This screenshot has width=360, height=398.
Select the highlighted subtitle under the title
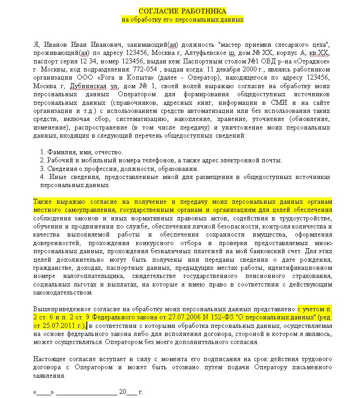coord(182,19)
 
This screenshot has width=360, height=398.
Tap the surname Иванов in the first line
coord(55,45)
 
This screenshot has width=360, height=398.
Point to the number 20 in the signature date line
coord(123,391)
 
